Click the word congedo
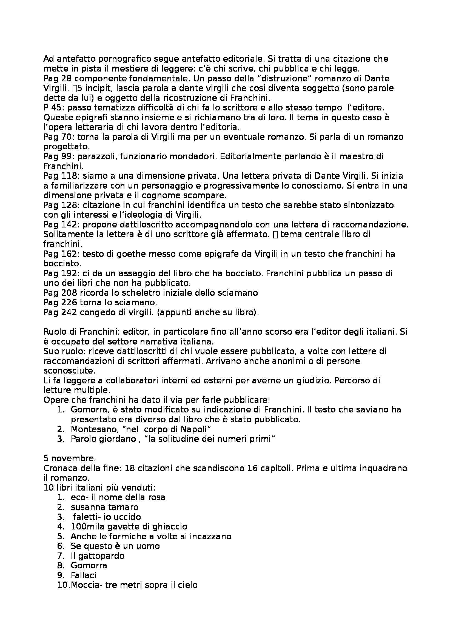tap(96, 312)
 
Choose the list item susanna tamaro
tap(104, 507)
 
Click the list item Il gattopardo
tap(97, 556)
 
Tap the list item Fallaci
tap(84, 575)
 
